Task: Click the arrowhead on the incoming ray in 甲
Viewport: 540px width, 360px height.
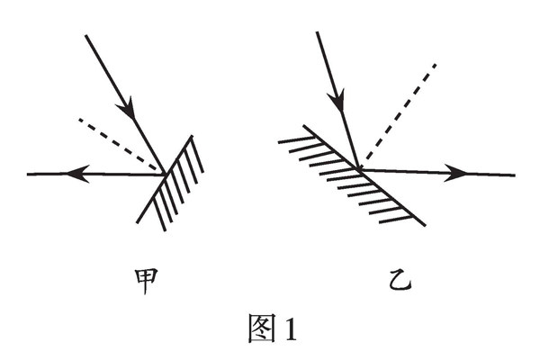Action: pyautogui.click(x=130, y=111)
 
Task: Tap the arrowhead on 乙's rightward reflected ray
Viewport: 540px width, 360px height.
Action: pyautogui.click(x=457, y=173)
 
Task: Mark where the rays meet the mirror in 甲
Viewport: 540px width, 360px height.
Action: pyautogui.click(x=162, y=173)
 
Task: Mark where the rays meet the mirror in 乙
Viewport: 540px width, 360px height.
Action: pyautogui.click(x=359, y=168)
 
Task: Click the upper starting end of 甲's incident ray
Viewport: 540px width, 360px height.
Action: pyautogui.click(x=85, y=36)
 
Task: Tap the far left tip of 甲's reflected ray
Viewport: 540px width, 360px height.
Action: pyautogui.click(x=28, y=174)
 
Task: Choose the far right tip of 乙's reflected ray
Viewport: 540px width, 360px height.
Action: pyautogui.click(x=515, y=175)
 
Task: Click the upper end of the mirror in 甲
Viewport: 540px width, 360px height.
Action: pyautogui.click(x=192, y=137)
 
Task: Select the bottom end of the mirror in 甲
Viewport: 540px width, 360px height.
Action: pyautogui.click(x=138, y=222)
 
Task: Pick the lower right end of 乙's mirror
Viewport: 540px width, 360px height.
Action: pyautogui.click(x=424, y=220)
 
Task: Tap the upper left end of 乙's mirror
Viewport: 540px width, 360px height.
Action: pyautogui.click(x=303, y=126)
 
